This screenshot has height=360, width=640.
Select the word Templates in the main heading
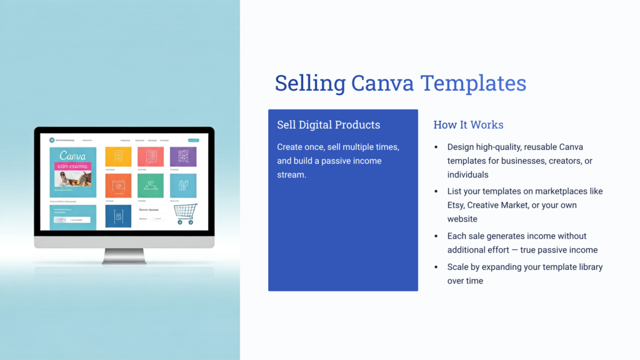[473, 83]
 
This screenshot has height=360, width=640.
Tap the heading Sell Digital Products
[328, 124]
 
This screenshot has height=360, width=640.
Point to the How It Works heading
[468, 124]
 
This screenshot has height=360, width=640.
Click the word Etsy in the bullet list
[457, 205]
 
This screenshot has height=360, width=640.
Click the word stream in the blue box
[292, 174]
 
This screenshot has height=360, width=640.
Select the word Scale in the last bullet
[459, 267]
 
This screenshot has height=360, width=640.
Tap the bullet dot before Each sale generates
[436, 236]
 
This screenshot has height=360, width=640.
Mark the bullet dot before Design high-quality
[436, 147]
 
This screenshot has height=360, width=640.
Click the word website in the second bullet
[462, 219]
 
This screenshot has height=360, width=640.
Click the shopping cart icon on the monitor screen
[186, 213]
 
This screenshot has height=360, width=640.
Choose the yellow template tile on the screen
[117, 157]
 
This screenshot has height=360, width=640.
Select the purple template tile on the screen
[183, 157]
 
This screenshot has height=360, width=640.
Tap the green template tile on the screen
[150, 185]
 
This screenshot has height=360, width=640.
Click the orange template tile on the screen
[117, 185]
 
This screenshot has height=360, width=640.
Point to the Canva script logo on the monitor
[72, 155]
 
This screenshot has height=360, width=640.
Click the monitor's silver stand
[124, 256]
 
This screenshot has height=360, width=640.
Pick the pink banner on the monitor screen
[72, 167]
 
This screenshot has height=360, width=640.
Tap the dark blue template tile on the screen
[117, 216]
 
